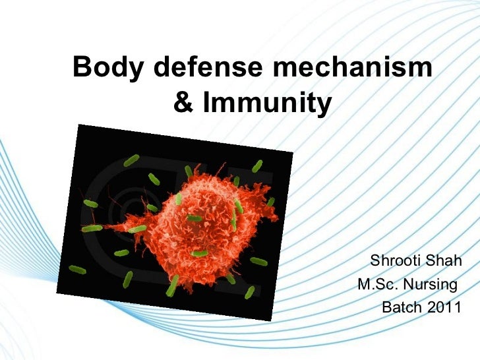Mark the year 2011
[444, 308]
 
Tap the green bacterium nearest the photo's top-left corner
[131, 160]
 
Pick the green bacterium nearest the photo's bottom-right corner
[258, 261]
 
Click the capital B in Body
[82, 67]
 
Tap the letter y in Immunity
[320, 105]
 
